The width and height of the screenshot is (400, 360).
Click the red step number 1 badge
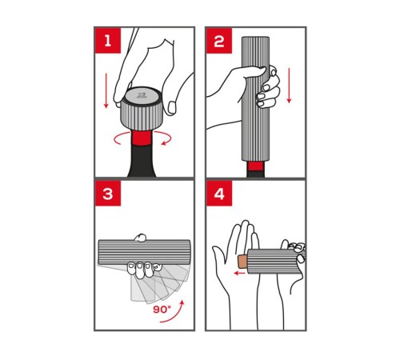(x=108, y=41)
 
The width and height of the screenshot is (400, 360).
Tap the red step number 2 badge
(x=219, y=41)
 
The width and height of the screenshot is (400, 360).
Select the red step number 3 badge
(x=108, y=194)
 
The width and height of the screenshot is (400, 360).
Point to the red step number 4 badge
(x=219, y=194)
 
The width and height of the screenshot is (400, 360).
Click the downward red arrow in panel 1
(x=106, y=90)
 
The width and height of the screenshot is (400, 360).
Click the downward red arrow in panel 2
(x=289, y=86)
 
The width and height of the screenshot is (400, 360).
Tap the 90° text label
(x=162, y=310)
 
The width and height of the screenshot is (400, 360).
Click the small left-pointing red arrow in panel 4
(x=239, y=273)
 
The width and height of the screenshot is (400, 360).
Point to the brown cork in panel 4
(x=242, y=262)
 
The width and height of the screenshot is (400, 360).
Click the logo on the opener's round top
(x=142, y=95)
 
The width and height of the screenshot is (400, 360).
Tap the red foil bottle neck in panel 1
(x=142, y=138)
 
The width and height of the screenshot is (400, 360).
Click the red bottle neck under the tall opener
(x=256, y=166)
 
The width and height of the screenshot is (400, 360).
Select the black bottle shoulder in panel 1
(x=142, y=162)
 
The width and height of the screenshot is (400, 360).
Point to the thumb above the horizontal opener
(x=140, y=238)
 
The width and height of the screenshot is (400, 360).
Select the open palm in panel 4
(x=234, y=266)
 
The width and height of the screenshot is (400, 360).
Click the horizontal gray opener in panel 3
(x=144, y=253)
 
